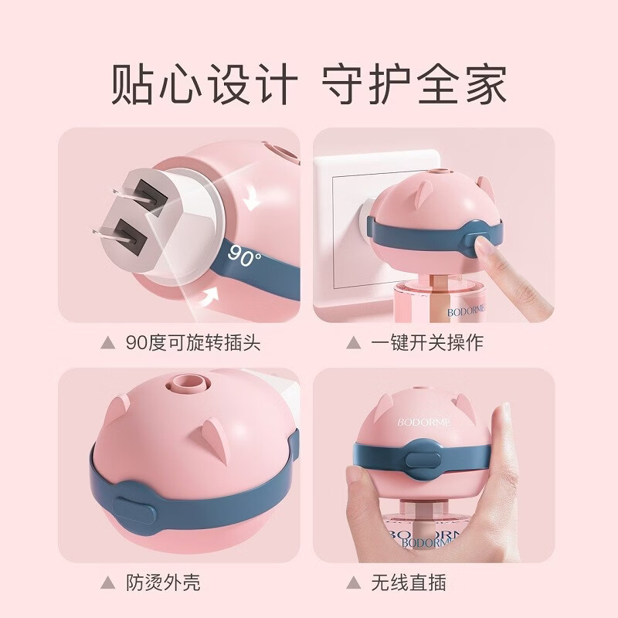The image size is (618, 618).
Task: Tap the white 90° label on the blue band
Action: tap(244, 256)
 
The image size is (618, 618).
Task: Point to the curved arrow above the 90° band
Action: tap(253, 200)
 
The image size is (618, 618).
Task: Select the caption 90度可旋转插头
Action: tap(193, 342)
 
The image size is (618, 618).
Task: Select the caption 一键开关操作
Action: tap(427, 342)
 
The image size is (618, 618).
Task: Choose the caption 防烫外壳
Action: tap(163, 582)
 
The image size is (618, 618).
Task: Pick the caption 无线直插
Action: tap(409, 582)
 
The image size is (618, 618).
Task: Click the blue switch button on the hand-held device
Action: tap(423, 460)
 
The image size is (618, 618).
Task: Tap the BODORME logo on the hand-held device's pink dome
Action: tap(423, 422)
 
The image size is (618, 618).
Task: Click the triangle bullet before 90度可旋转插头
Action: tap(108, 343)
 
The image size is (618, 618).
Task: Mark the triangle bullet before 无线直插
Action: tap(354, 582)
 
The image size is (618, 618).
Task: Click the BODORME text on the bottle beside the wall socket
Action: tap(466, 312)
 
